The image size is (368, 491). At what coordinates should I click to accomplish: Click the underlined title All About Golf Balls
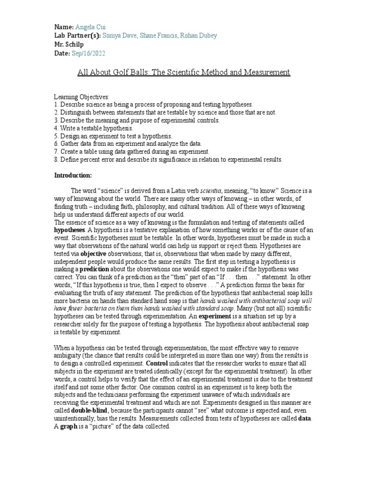pos(184,72)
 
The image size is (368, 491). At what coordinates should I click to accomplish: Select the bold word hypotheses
pos(69,230)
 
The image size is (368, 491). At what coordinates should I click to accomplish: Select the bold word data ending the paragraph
pos(304,418)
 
